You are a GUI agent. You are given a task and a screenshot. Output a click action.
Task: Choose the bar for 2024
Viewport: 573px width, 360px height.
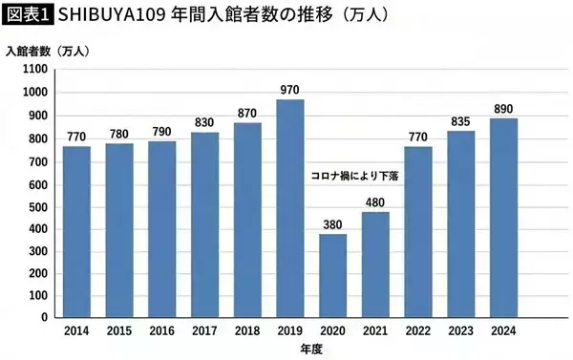tap(504, 220)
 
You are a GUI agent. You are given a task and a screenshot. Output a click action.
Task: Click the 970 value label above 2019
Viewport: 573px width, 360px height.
tap(291, 90)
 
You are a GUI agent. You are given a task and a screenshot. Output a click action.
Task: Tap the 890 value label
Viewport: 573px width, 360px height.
tap(504, 109)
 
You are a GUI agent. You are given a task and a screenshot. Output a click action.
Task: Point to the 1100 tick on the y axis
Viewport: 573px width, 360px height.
tap(33, 70)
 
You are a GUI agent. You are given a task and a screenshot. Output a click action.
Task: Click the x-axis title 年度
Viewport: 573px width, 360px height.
tap(291, 349)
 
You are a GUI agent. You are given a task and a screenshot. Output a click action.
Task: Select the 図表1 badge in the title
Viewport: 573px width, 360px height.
tap(28, 15)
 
